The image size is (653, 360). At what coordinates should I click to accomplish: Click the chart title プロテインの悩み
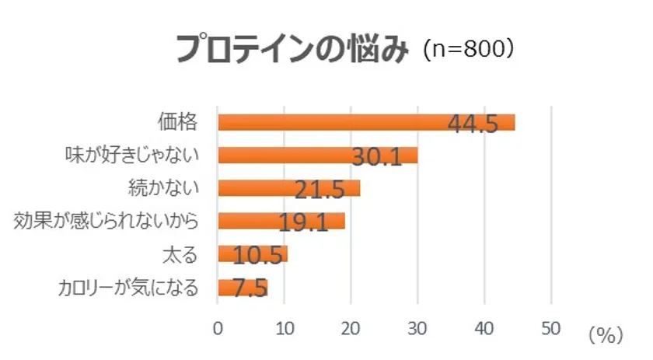click(292, 50)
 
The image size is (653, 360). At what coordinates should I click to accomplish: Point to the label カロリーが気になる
click(128, 288)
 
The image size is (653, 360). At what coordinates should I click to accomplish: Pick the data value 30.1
click(376, 157)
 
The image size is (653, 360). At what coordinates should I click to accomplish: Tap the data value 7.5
click(250, 289)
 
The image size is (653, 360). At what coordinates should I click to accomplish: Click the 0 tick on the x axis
click(218, 329)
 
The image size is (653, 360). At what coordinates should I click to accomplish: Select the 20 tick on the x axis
click(351, 329)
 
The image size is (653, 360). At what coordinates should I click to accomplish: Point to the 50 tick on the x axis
click(551, 329)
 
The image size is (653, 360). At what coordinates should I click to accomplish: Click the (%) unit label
click(606, 335)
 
